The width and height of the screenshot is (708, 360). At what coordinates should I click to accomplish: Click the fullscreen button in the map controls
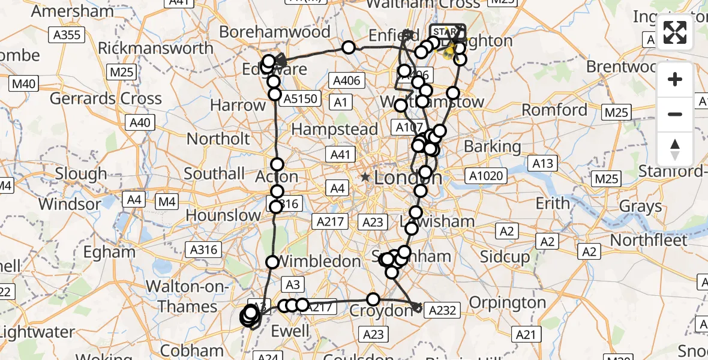[x=675, y=32]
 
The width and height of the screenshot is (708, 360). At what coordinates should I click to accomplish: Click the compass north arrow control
[x=675, y=149]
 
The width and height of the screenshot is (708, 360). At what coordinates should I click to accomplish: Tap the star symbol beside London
[x=365, y=178]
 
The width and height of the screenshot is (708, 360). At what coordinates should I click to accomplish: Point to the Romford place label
[x=554, y=110]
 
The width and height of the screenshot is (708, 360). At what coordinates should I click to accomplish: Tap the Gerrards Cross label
[x=105, y=98]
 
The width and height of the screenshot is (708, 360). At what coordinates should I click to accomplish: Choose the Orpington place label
[x=508, y=302]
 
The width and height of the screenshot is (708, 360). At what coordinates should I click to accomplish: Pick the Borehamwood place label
[x=283, y=32]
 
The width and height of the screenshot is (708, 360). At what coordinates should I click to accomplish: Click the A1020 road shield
[x=487, y=176]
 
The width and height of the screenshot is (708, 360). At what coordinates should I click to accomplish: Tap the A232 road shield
[x=443, y=310]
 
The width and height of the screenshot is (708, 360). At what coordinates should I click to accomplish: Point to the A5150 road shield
[x=301, y=98]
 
